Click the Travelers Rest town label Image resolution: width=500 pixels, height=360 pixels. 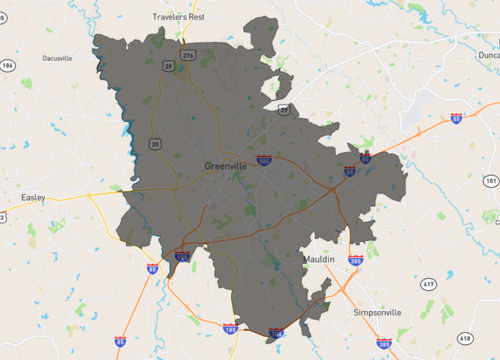coord(177,17)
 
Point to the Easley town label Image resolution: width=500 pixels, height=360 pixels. coord(33,198)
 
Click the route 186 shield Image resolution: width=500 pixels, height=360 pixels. coord(8,65)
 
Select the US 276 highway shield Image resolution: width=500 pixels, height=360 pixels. coord(188,56)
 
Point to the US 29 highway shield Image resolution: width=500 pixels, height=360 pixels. coord(284,108)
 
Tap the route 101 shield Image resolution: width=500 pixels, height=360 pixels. coord(490,181)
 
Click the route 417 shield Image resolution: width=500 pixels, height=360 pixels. coord(428,285)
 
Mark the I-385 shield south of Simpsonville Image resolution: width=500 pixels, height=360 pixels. coord(384,341)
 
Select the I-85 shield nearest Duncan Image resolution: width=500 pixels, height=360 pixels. coord(456,119)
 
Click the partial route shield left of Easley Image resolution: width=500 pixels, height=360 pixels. coord(2,216)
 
